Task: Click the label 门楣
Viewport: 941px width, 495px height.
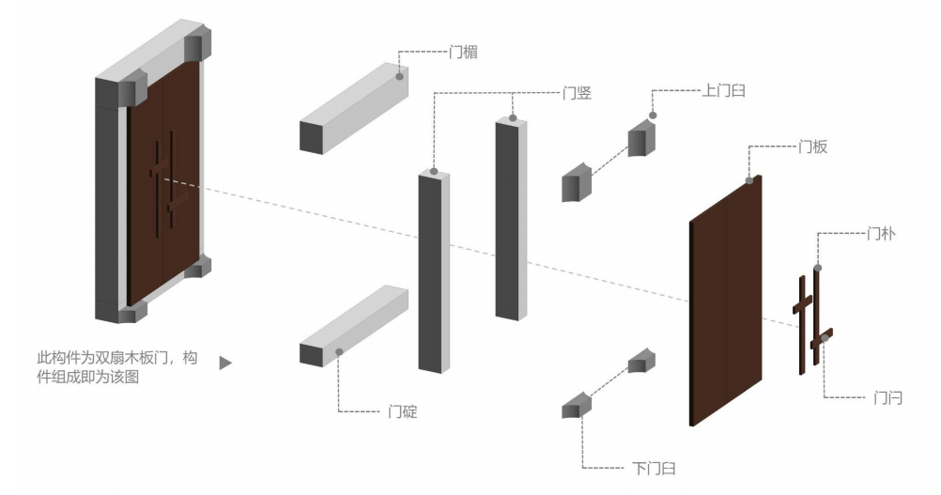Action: (464, 53)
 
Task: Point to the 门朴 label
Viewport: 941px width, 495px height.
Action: (880, 233)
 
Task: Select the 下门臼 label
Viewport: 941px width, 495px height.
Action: (653, 468)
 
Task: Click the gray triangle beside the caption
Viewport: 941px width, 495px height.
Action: (225, 362)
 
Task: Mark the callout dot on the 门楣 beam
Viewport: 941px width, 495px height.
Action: (401, 75)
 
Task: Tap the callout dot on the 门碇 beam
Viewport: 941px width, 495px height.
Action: (338, 351)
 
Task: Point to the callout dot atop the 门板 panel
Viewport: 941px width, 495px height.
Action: (748, 180)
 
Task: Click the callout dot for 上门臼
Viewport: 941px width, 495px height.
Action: (654, 116)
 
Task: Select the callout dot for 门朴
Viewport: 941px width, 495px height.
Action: (817, 268)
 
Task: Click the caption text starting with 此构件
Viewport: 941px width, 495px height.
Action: (116, 367)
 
